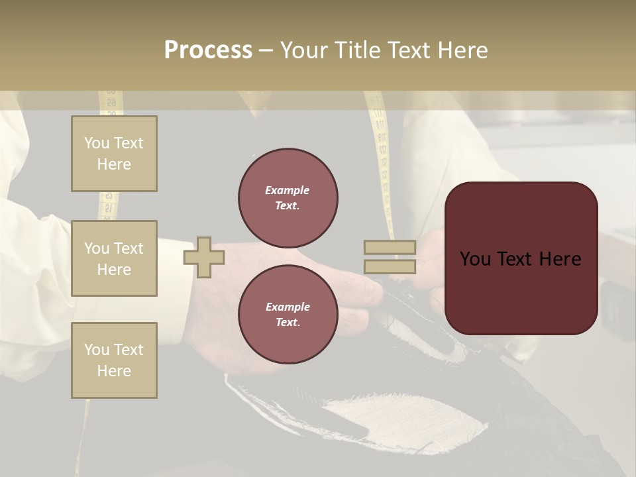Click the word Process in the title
[208, 50]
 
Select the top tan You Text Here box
[114, 154]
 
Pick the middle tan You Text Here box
[114, 258]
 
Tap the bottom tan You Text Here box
[114, 360]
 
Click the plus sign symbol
[203, 258]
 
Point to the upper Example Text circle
[288, 198]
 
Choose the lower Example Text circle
[288, 315]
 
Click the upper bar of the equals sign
[390, 248]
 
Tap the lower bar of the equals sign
[390, 267]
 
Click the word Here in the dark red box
[560, 259]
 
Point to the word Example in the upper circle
[288, 190]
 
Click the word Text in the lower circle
[288, 323]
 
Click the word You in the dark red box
[475, 259]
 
